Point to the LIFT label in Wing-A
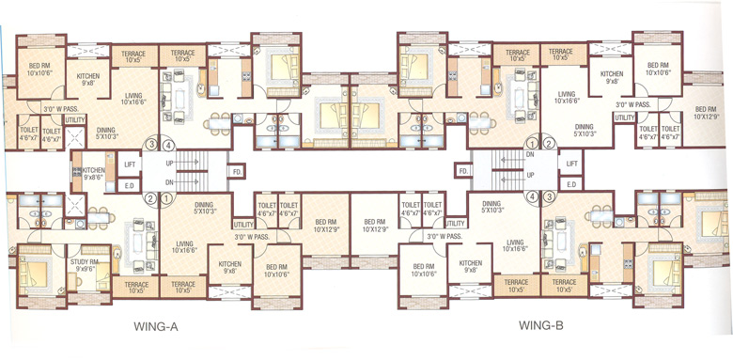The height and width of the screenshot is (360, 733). tap(130, 164)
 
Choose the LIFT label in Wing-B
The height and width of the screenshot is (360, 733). tap(571, 164)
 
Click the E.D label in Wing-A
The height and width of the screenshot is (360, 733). tap(130, 185)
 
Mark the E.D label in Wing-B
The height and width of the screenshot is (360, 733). tap(570, 185)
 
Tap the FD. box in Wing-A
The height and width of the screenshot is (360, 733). tap(237, 172)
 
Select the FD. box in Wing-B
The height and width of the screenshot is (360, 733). tap(463, 172)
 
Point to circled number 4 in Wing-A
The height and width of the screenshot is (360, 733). tap(168, 145)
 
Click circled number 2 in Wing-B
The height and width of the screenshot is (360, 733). tap(532, 145)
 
